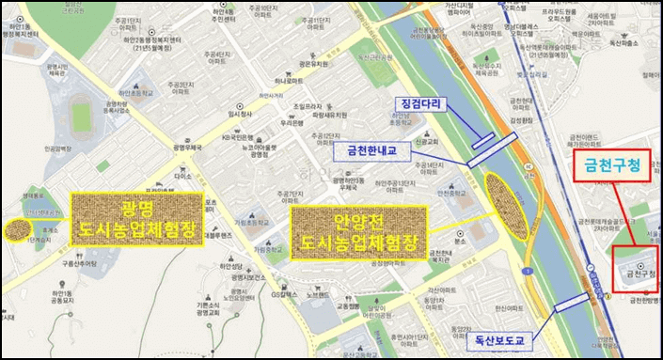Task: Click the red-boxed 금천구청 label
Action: point(612,168)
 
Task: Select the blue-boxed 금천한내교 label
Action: point(372,149)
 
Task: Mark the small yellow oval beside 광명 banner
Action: point(16,228)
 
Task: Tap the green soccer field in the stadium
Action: point(82,117)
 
